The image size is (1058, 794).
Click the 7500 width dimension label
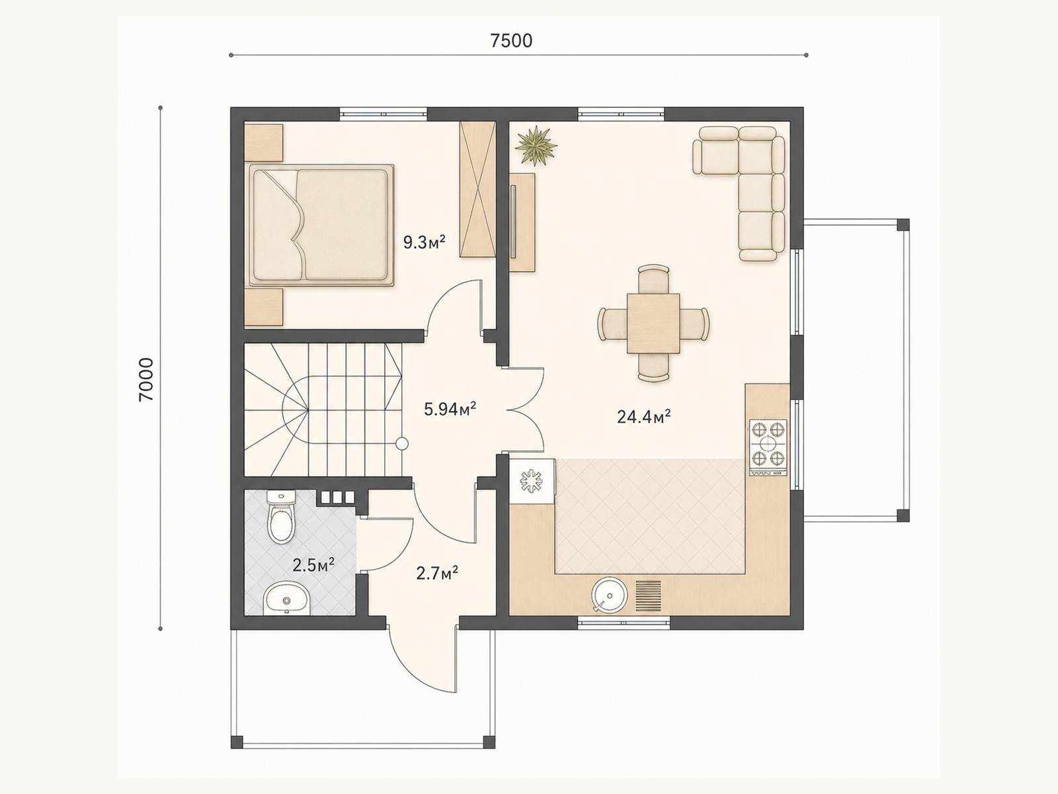(511, 41)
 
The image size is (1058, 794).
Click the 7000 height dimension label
(146, 380)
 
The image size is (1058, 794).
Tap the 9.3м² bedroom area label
(424, 242)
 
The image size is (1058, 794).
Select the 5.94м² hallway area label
(450, 410)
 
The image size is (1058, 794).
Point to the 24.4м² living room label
(644, 416)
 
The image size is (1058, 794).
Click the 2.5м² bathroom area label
(314, 565)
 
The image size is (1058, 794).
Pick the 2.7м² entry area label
(437, 573)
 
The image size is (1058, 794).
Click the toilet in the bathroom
(281, 517)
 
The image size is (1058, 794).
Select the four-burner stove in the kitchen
(768, 447)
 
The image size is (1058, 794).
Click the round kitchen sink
(609, 595)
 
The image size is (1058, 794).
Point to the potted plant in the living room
(536, 145)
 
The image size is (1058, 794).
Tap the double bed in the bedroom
(321, 225)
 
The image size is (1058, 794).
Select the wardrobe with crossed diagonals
(477, 189)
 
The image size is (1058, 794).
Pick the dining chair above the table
(653, 279)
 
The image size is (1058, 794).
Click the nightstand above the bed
(263, 142)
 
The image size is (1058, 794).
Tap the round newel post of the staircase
(401, 443)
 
